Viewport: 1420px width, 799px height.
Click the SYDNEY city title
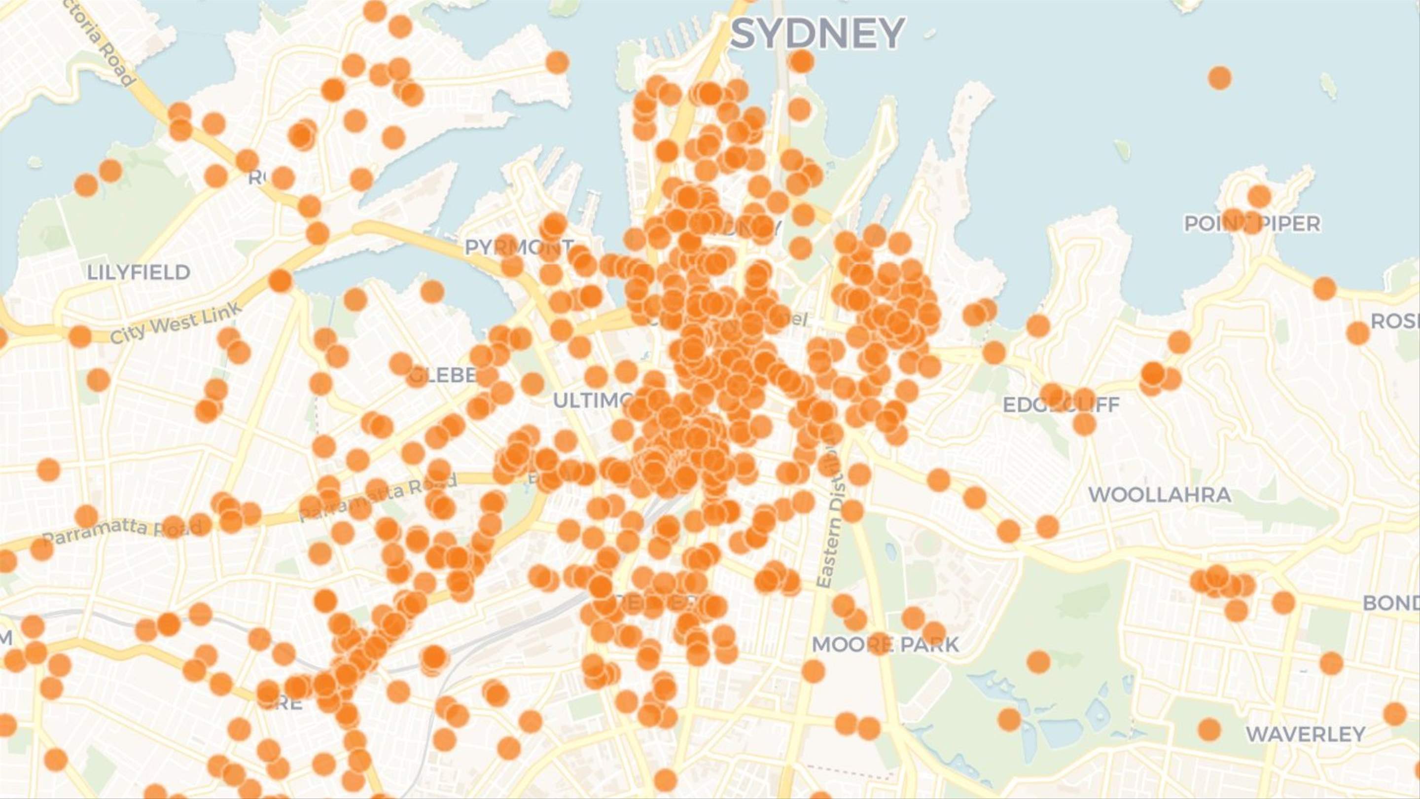click(817, 34)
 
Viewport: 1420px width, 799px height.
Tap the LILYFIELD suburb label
click(139, 272)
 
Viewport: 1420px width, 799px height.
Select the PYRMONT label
click(519, 248)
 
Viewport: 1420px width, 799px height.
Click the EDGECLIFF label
click(1061, 405)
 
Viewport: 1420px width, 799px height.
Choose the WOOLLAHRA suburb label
click(1159, 495)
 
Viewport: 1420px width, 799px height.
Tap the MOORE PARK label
click(886, 644)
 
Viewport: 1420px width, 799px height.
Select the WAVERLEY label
click(1305, 734)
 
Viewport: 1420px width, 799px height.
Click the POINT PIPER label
click(1252, 224)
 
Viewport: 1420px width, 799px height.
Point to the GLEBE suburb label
click(443, 375)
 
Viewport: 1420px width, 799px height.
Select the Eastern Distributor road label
click(828, 518)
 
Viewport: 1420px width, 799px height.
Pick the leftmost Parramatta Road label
click(121, 531)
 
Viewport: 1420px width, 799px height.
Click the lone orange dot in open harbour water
click(1219, 78)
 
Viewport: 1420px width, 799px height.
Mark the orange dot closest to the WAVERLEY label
click(1209, 729)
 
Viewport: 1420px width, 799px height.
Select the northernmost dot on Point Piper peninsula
click(1259, 196)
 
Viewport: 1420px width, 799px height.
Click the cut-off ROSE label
click(1395, 321)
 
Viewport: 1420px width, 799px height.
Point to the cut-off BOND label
click(1391, 603)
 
